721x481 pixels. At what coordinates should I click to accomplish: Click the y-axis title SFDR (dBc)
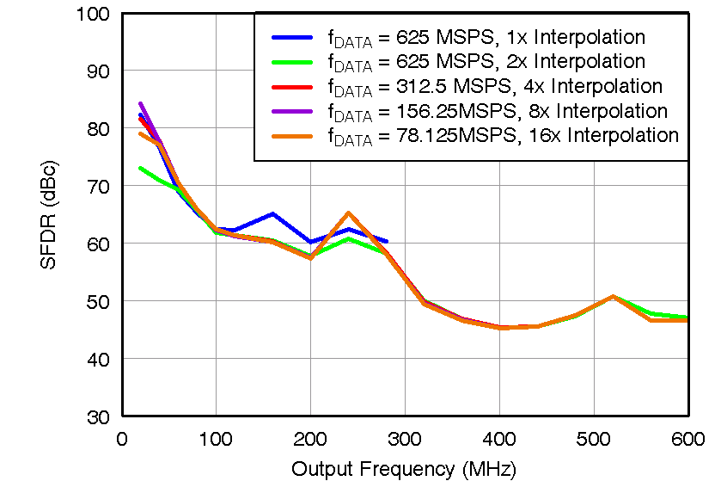50,214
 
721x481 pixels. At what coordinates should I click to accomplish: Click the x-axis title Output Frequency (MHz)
403,469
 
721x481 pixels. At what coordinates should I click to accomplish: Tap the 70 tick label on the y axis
98,186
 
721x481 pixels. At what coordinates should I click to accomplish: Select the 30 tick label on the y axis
98,416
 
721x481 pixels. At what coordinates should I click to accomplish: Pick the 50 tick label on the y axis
98,301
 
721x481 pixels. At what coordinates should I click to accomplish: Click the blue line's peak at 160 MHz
272,213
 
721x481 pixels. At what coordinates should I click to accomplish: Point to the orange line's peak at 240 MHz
348,213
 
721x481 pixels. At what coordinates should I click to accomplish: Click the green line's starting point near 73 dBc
141,168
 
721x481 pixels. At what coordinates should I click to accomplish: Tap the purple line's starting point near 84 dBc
141,103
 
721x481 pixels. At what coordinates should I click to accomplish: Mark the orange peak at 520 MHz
613,296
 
